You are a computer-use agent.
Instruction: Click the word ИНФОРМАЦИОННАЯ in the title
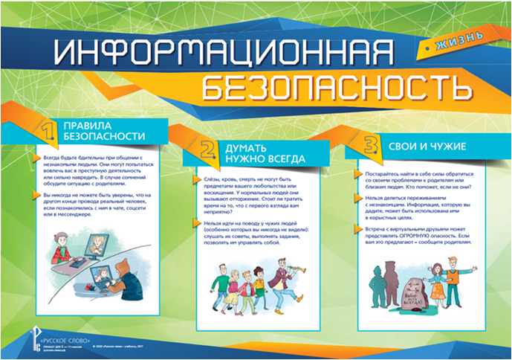tap(216, 53)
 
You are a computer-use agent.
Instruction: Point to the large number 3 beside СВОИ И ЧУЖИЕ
tap(367, 143)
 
